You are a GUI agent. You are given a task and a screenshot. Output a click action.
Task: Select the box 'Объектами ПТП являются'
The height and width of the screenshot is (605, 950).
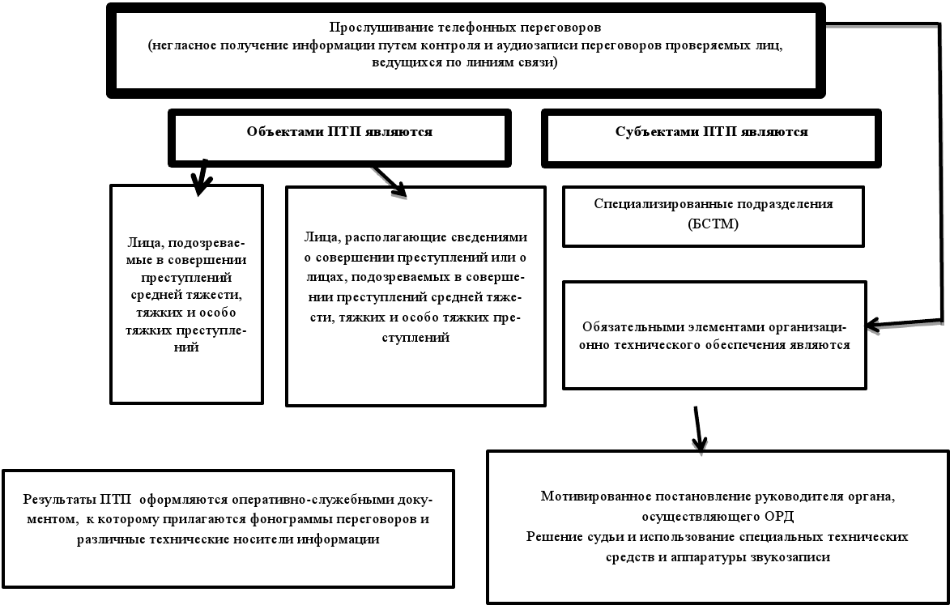(x=339, y=132)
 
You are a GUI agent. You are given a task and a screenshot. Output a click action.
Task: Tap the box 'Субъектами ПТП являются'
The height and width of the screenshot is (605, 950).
(x=711, y=132)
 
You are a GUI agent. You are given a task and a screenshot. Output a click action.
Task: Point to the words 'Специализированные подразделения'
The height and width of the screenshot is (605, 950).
(x=712, y=204)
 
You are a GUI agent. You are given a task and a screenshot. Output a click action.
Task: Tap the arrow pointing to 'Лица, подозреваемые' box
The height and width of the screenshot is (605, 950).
(x=199, y=180)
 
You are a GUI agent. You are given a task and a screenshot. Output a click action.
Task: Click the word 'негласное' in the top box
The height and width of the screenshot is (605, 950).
(x=180, y=46)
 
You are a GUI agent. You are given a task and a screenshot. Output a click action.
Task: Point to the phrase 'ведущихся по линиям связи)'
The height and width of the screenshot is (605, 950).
(x=465, y=63)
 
